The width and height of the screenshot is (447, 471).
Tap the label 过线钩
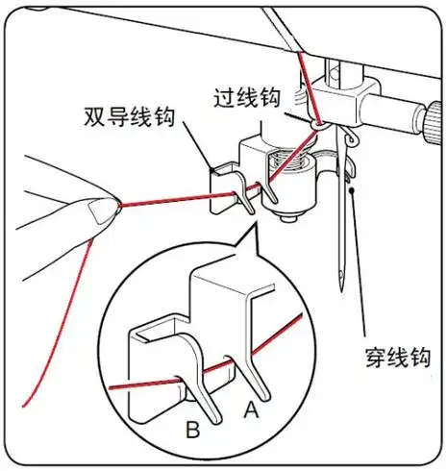[248, 96]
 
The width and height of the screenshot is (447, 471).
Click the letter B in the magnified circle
[192, 430]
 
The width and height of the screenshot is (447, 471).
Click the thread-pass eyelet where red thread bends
[317, 125]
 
